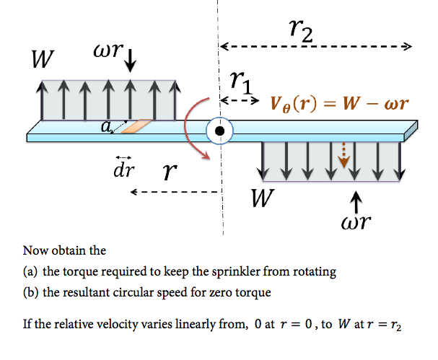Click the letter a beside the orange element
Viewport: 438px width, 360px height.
106,127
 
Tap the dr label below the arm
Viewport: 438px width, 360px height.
122,171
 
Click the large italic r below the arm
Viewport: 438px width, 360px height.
170,171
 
